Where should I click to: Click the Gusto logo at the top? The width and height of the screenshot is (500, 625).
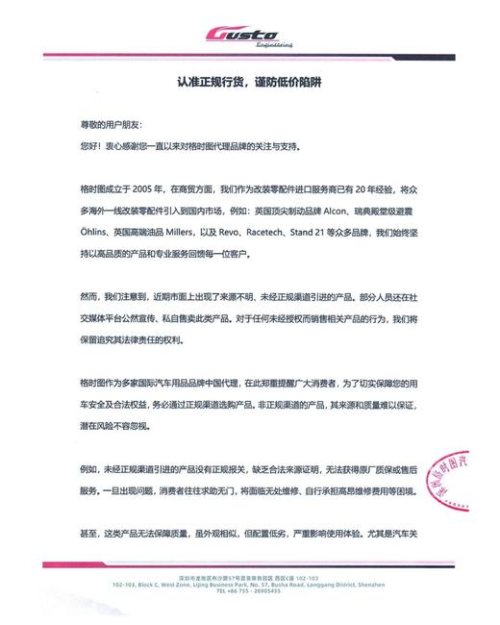pos(249,35)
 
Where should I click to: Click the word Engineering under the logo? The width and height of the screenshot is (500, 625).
pos(274,45)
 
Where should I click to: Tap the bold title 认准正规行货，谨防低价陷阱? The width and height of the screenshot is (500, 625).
pos(249,83)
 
